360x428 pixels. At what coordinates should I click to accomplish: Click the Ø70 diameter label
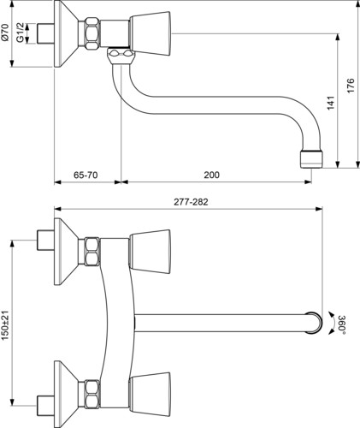[x=6, y=33]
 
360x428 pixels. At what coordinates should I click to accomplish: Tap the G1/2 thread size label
[x=20, y=33]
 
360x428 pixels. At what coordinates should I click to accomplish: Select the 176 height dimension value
[x=351, y=85]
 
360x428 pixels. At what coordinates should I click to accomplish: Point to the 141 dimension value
[x=330, y=104]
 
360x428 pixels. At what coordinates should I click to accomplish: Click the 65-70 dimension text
[x=86, y=175]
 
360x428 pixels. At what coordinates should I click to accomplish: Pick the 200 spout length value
[x=211, y=175]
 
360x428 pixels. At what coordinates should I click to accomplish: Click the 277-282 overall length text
[x=191, y=202]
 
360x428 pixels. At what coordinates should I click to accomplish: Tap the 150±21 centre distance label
[x=6, y=325]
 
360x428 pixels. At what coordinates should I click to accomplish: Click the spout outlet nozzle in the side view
[x=312, y=159]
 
